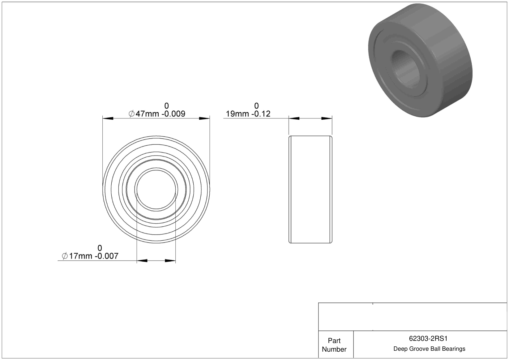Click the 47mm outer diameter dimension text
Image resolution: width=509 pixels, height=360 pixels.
157,114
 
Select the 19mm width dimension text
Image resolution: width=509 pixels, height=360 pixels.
248,114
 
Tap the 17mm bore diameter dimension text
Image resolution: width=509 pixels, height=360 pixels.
90,256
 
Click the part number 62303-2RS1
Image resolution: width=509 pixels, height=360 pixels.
428,338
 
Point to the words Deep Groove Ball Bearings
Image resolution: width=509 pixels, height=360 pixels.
429,349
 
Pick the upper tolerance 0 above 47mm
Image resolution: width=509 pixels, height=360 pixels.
167,106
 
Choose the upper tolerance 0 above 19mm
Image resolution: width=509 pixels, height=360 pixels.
256,106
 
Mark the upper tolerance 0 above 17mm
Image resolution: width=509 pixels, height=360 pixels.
100,248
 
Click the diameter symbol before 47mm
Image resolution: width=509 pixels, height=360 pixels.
131,114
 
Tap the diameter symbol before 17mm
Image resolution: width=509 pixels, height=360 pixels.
65,256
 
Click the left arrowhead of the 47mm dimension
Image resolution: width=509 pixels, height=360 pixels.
108,118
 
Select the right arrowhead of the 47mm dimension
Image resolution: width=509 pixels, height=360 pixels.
204,118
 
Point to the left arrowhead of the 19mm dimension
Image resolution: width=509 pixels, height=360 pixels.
294,118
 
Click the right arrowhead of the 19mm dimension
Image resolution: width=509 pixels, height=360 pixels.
327,118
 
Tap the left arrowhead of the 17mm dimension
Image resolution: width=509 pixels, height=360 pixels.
142,261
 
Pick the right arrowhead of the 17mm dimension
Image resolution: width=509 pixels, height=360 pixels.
170,261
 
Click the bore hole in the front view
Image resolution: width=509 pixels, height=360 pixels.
156,190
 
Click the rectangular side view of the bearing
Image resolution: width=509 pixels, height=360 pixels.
310,190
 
